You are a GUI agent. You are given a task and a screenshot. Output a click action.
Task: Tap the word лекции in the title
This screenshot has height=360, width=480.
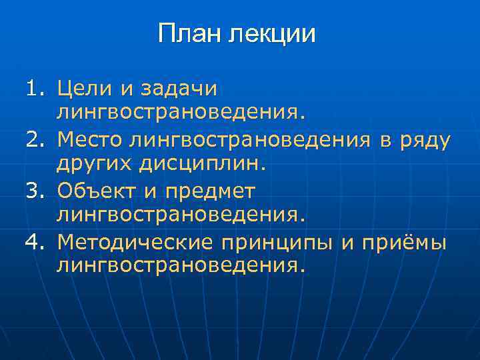point(273,34)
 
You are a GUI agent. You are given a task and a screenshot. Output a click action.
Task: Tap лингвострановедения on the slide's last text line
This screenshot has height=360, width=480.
point(181,267)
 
